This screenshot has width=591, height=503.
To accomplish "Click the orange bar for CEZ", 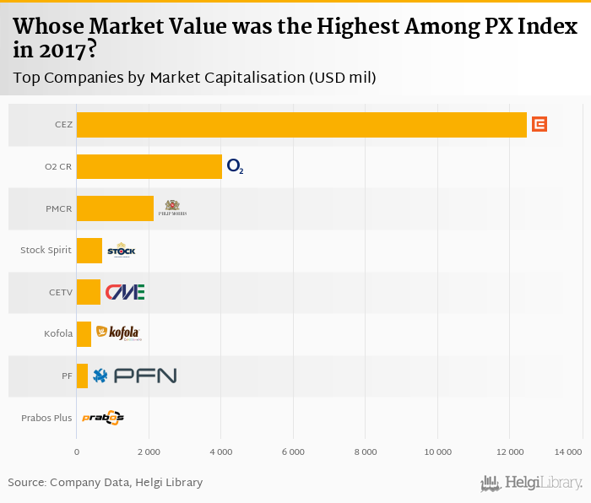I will click(301, 125).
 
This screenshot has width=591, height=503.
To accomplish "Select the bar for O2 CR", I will click(149, 167).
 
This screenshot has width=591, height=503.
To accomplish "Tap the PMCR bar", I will click(115, 208).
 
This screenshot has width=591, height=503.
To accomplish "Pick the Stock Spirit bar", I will click(89, 251).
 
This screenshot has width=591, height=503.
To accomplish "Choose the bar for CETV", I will click(89, 292).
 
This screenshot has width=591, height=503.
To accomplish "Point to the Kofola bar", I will click(84, 334).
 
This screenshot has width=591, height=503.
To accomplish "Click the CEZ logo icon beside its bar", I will click(539, 125).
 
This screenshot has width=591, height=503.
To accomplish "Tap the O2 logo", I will click(235, 167).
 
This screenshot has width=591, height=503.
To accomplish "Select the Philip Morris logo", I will click(172, 208).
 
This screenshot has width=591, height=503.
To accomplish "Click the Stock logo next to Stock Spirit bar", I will click(121, 251).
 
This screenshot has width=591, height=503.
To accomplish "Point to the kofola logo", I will click(118, 333).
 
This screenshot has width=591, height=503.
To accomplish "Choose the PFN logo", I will click(135, 376).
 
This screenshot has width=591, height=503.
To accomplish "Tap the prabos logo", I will click(103, 417).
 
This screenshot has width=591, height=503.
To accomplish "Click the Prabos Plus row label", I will click(46, 418).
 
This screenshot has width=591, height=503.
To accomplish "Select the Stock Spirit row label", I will click(46, 251).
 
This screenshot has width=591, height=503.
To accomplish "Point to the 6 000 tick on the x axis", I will click(293, 452).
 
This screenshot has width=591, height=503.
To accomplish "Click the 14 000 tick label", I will click(569, 452).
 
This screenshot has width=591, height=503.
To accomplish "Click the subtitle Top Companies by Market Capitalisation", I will click(194, 78).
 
